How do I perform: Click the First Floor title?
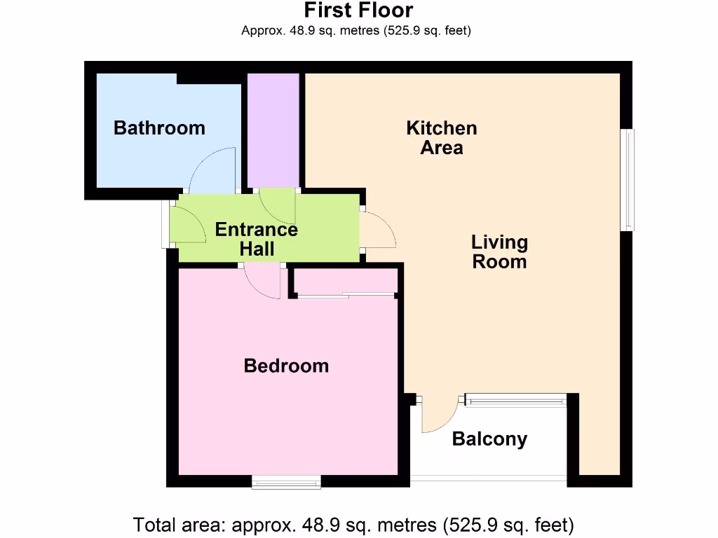tap(358, 11)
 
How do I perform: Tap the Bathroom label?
tap(159, 128)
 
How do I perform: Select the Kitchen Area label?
tap(442, 138)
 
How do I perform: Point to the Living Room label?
tap(499, 252)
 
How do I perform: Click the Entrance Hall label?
tap(257, 239)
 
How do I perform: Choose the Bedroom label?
tap(286, 366)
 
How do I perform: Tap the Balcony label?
tap(489, 439)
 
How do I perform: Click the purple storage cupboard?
tap(274, 130)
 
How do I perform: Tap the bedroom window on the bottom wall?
tap(286, 481)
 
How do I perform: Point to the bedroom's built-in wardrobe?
tap(344, 282)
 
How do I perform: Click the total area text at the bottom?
tap(354, 524)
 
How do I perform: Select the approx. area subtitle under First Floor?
tap(355, 31)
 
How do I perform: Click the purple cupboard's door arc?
tap(278, 205)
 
